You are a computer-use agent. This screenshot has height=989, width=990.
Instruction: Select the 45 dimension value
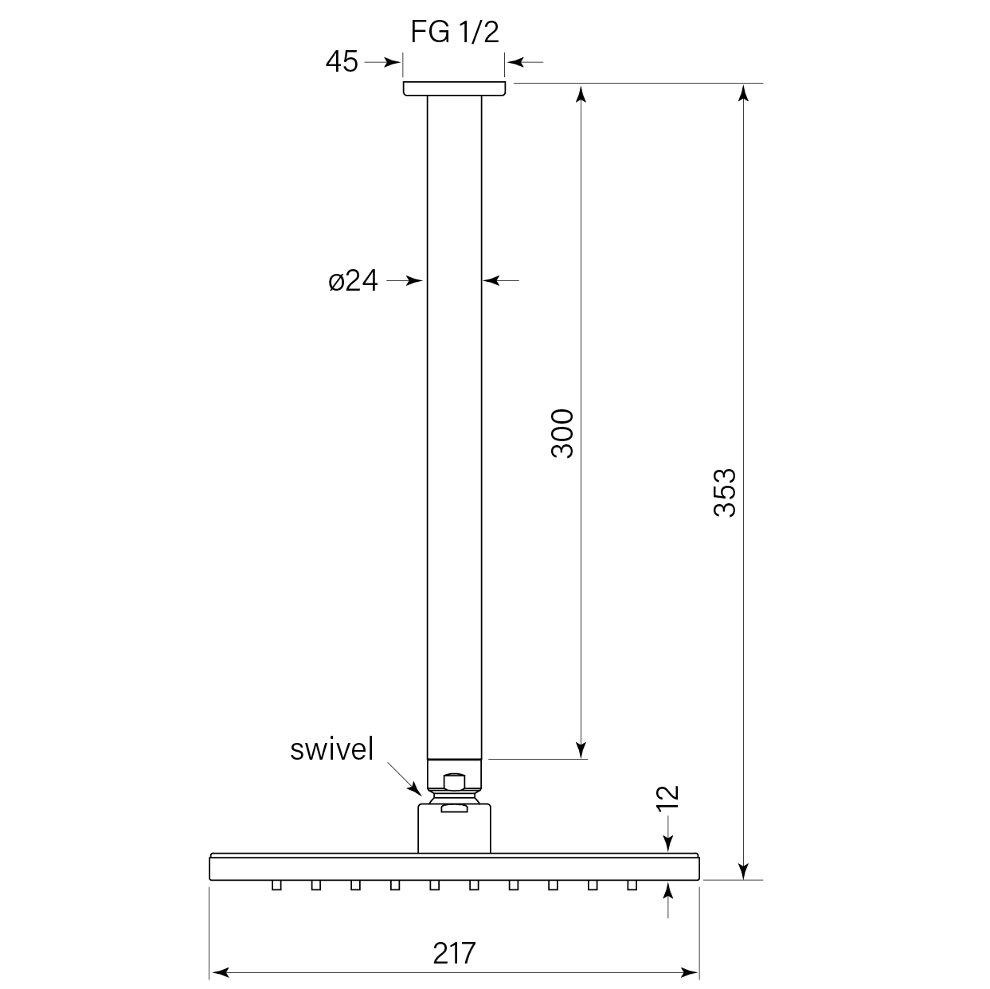tap(342, 61)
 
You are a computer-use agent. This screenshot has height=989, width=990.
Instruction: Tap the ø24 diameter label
tap(353, 280)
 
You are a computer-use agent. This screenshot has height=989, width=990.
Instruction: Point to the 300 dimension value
tap(562, 432)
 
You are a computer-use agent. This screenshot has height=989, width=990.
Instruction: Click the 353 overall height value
tap(725, 493)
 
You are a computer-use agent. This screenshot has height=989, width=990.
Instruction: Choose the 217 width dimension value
tap(454, 952)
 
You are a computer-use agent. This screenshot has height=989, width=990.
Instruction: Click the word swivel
tap(331, 749)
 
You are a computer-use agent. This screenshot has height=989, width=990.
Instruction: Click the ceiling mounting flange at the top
tap(454, 88)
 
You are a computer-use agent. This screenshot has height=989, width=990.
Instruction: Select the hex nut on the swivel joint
tap(454, 782)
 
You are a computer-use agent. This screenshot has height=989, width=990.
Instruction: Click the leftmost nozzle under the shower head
tap(276, 885)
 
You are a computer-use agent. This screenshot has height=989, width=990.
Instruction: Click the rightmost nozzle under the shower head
tap(632, 885)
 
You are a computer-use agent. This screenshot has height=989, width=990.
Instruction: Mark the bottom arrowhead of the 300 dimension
tap(581, 749)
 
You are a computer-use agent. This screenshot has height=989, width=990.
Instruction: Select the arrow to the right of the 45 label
tap(381, 61)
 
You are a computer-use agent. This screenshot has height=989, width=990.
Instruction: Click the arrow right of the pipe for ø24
tap(501, 280)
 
